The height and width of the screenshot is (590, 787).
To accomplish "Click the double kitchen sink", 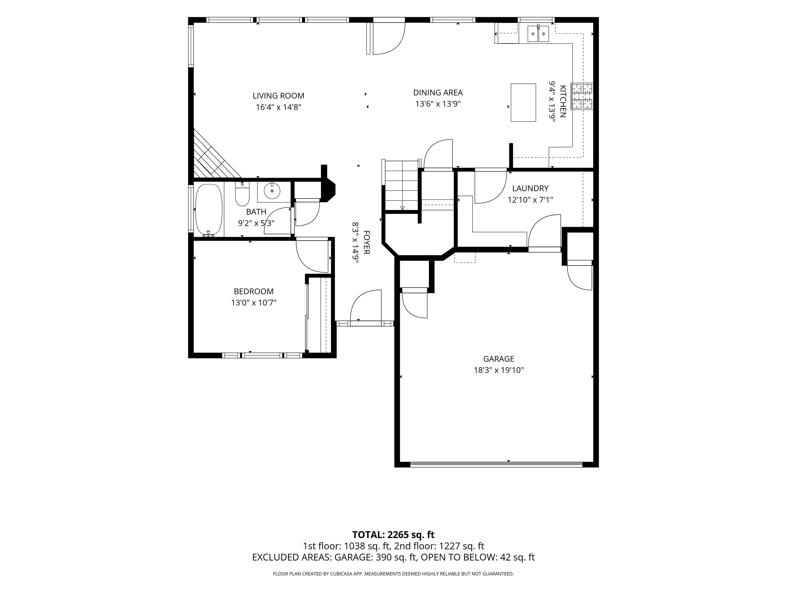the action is click(x=538, y=33).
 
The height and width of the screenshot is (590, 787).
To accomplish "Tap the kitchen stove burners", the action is click(x=582, y=96).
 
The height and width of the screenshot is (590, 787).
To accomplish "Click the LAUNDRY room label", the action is click(x=530, y=188).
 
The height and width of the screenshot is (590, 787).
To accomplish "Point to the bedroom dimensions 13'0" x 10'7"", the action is click(x=254, y=303).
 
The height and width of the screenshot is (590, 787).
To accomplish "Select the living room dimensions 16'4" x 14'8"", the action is click(x=279, y=107).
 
